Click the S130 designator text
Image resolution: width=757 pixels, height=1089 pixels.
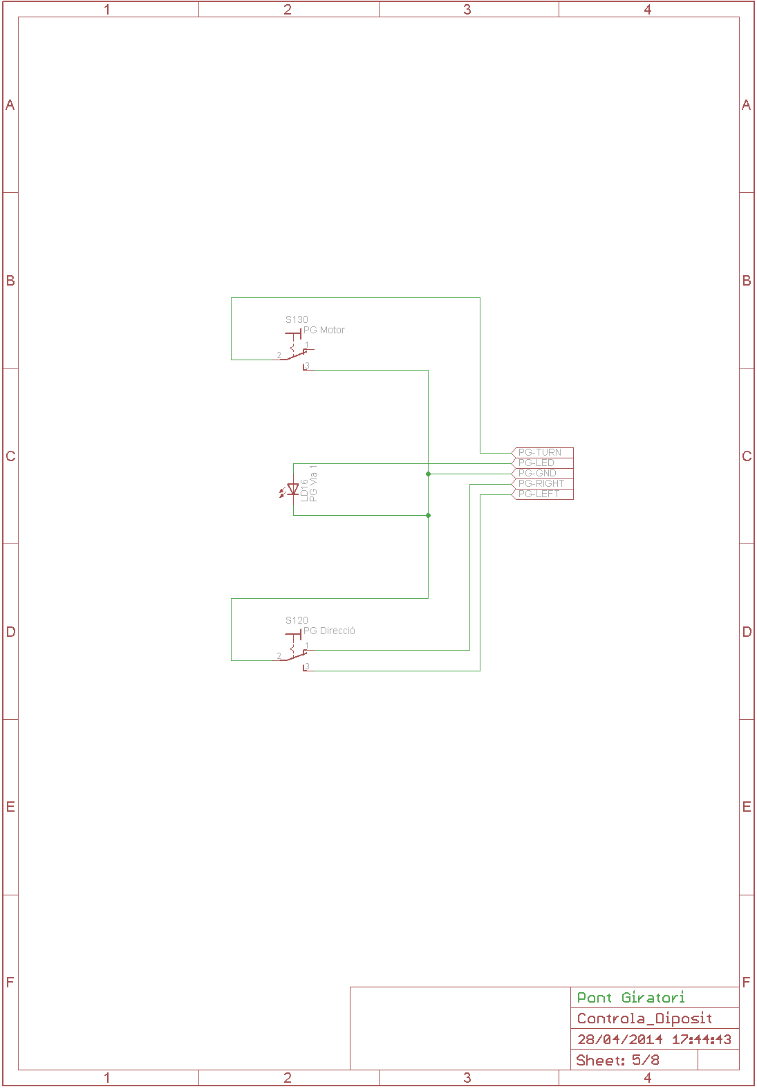click(x=297, y=319)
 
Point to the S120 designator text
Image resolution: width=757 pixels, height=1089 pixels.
click(x=297, y=620)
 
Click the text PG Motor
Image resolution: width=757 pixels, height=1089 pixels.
click(x=324, y=330)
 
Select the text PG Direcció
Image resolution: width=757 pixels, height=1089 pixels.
click(x=329, y=631)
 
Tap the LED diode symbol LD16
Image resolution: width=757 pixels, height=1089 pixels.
click(x=292, y=490)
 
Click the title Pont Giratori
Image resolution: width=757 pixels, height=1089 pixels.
click(x=630, y=998)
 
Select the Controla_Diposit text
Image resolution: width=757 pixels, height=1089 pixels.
click(x=644, y=1018)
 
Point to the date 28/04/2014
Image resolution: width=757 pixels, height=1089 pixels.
click(x=620, y=1039)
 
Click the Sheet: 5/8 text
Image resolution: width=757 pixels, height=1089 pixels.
click(x=617, y=1061)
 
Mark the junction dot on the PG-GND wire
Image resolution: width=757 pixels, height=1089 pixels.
click(x=429, y=474)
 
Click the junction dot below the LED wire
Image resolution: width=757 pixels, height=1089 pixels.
click(x=429, y=515)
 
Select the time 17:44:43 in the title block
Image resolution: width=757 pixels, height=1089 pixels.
click(x=702, y=1039)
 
